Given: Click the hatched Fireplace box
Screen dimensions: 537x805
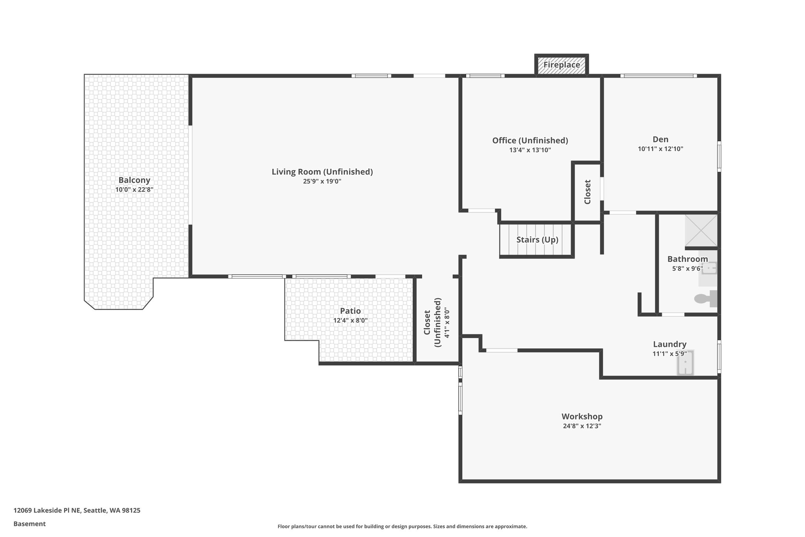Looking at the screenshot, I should [561, 65].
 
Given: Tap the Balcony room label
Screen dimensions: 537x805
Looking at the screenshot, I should [134, 180].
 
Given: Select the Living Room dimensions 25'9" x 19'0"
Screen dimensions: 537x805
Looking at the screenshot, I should [322, 181].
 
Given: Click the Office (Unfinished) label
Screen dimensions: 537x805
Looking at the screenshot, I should [530, 140].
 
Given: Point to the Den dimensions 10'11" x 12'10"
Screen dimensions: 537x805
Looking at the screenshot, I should [660, 149].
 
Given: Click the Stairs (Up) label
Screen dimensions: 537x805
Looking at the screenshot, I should [537, 240].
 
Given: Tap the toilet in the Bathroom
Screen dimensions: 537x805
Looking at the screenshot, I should [705, 299].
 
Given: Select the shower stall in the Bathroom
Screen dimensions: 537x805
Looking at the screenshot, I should [701, 230].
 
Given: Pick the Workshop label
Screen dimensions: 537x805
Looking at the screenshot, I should [582, 416].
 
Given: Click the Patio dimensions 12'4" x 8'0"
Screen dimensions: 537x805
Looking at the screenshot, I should [350, 321].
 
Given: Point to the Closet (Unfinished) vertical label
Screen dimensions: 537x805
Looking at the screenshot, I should [432, 322].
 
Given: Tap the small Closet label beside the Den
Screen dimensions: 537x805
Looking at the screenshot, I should [587, 192].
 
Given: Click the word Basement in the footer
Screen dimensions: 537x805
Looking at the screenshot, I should [29, 524].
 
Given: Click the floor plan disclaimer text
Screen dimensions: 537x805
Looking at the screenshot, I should [402, 526].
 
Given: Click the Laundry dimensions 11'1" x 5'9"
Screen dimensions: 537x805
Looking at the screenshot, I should [669, 354].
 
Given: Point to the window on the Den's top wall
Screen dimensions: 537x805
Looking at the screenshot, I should [658, 76].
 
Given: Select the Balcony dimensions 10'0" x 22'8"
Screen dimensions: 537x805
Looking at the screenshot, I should [134, 190].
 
